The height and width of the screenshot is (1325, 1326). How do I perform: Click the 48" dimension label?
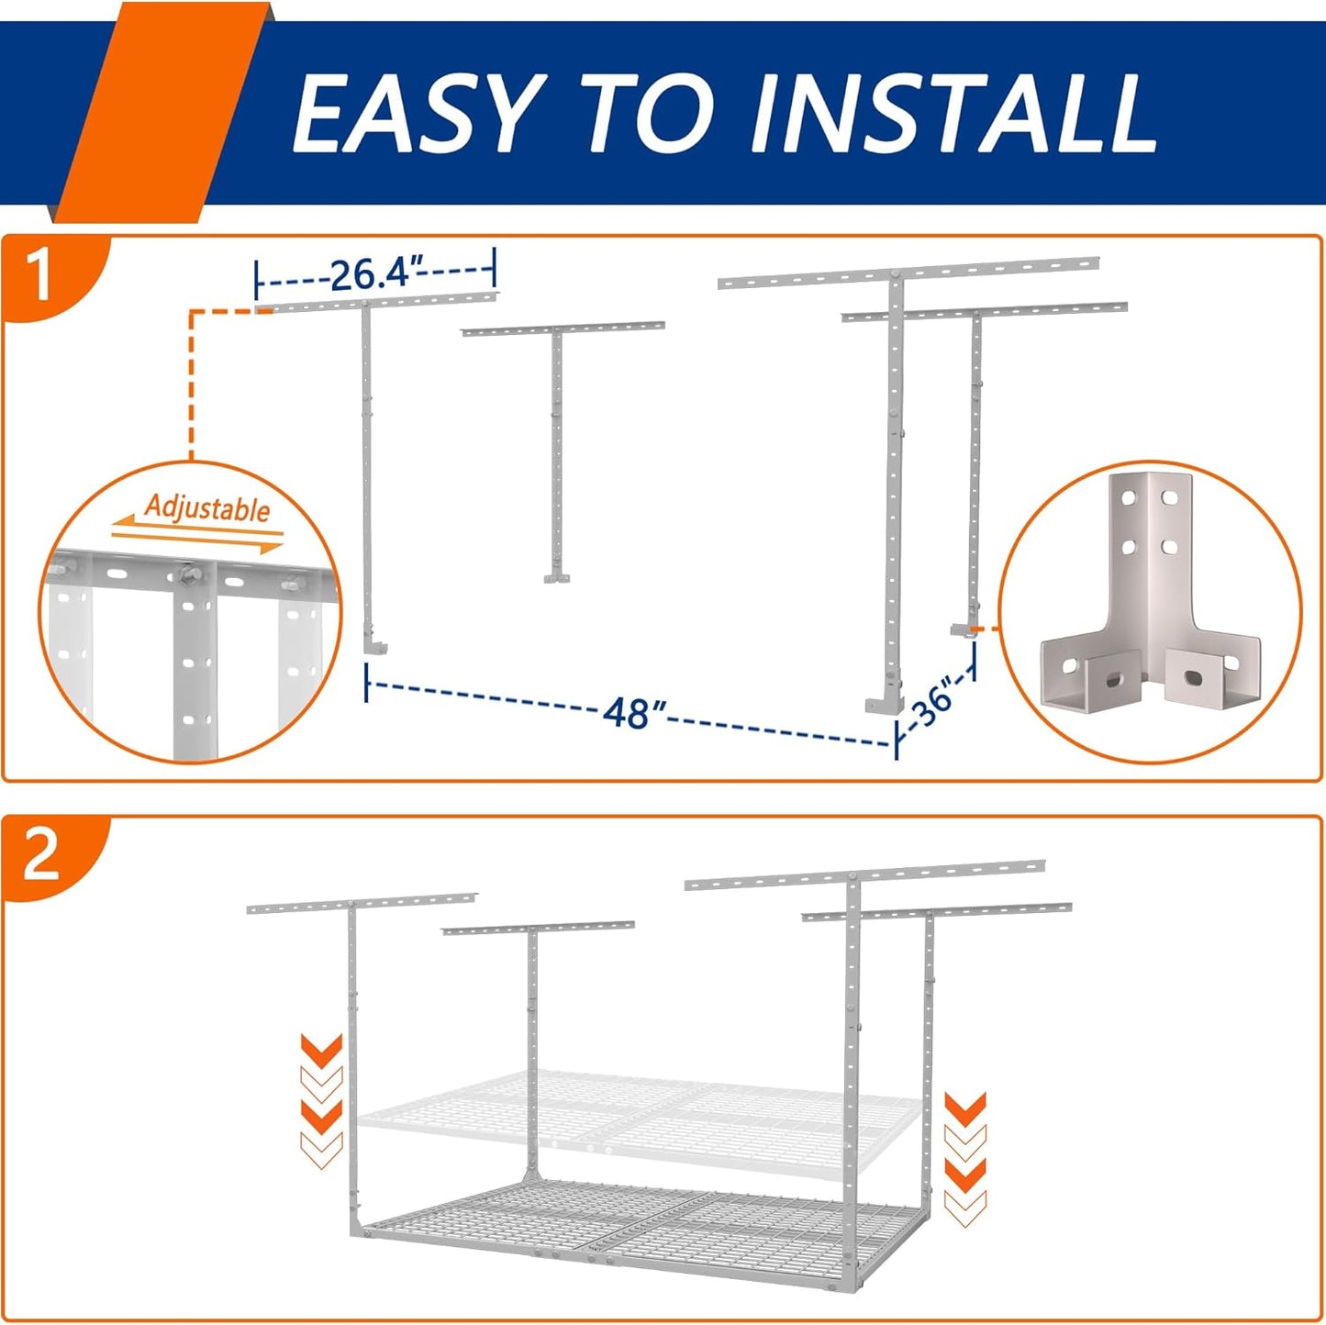click(x=633, y=711)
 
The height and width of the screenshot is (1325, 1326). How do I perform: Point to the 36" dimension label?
click(x=933, y=705)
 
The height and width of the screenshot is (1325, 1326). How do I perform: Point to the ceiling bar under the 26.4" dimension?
click(x=376, y=302)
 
